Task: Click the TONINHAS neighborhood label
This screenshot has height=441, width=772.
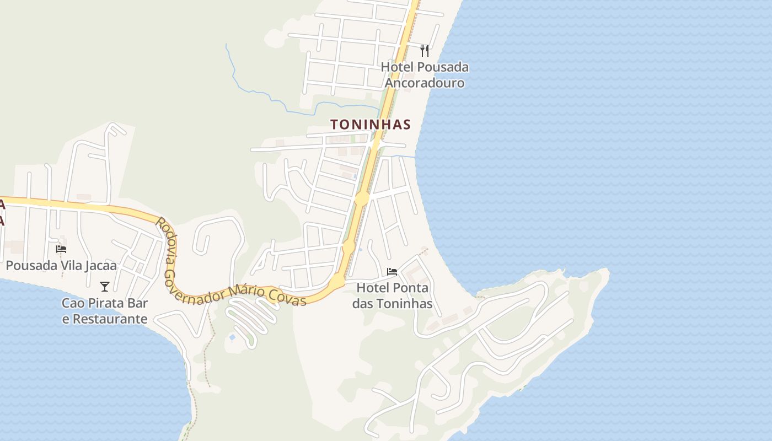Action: pos(371,125)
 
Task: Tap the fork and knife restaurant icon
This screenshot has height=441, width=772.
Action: pos(425,51)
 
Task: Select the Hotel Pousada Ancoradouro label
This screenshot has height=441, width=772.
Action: pos(425,75)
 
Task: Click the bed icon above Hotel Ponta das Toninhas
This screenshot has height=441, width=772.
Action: pos(392,271)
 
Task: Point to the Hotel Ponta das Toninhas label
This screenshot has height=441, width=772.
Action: pos(392,295)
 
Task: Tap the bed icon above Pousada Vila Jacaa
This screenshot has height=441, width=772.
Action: pos(61,249)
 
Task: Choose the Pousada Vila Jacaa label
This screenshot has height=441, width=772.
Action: pos(61,266)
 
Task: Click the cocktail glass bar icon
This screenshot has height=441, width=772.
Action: pos(105,286)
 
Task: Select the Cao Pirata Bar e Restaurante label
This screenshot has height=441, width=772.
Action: pos(105,311)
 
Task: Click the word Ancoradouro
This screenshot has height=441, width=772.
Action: pos(425,83)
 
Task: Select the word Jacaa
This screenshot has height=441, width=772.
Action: pos(101,266)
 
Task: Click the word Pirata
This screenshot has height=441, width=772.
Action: pos(106,303)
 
